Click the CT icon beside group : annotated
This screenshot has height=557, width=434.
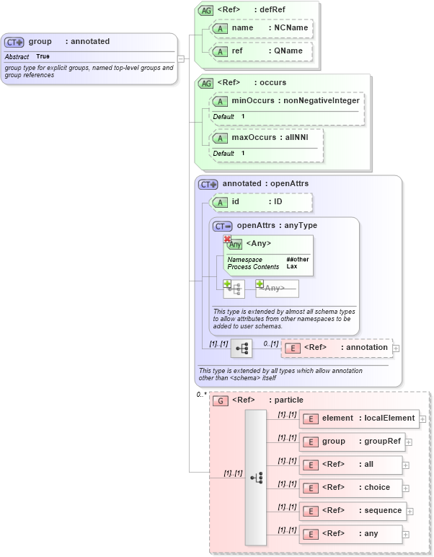tap(14, 42)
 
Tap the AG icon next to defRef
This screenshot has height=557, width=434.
tap(205, 11)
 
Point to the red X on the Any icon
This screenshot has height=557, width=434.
tap(227, 240)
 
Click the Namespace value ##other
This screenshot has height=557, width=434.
tap(297, 259)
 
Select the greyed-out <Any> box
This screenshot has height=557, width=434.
tap(278, 289)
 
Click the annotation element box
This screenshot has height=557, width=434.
tap(337, 348)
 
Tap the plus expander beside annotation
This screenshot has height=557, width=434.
tap(396, 348)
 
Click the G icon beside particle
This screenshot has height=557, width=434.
tap(220, 400)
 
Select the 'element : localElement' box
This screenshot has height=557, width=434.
tap(358, 418)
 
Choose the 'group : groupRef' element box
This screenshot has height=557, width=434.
tap(351, 442)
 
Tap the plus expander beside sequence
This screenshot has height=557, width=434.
tap(410, 511)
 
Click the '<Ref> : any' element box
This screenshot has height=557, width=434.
tap(350, 534)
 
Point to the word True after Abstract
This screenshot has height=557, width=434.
tap(43, 56)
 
